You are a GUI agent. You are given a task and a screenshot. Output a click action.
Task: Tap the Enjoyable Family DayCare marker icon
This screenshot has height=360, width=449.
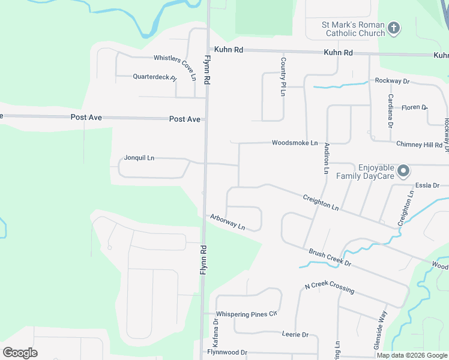click(403, 171)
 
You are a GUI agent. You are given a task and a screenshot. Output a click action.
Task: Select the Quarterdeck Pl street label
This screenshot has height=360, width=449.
click(155, 77)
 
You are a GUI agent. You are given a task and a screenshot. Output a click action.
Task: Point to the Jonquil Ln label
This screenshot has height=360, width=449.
click(139, 158)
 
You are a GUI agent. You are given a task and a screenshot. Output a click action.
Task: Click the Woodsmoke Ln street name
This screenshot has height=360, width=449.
click(294, 143)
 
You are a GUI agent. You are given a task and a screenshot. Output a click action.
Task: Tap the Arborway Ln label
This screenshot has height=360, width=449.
click(228, 222)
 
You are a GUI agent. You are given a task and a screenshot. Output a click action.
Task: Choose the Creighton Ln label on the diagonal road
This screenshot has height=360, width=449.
click(321, 202)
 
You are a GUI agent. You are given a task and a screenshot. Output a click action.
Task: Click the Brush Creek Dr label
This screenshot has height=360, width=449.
click(330, 257)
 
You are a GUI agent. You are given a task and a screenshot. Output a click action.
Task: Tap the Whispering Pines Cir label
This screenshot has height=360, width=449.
click(247, 314)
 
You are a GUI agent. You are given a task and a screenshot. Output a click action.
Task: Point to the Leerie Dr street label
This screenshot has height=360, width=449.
click(295, 334)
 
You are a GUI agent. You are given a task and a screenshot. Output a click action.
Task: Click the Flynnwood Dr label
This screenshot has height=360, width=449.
click(227, 353)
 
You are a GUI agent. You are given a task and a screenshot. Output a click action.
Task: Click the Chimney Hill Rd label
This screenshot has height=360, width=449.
click(419, 145)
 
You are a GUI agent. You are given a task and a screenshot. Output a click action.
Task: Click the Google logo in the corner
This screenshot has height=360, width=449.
click(20, 352)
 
